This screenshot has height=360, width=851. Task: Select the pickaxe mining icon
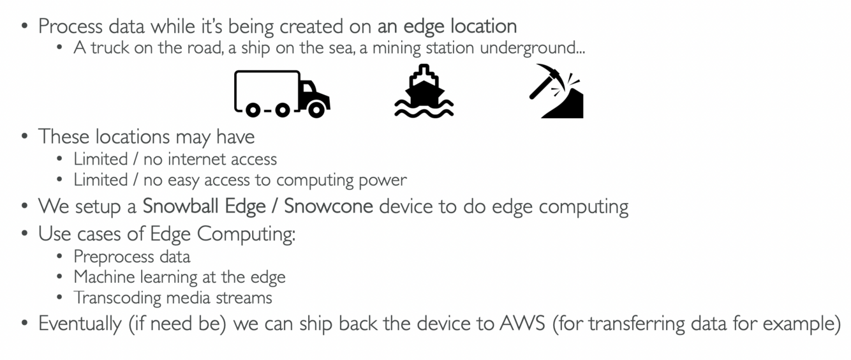[x=556, y=91]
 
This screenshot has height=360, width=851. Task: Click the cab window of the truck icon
[x=309, y=87]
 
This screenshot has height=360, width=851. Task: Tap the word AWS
[x=522, y=323]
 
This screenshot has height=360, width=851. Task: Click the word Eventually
[x=79, y=323]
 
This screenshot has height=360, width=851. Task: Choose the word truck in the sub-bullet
[x=105, y=48]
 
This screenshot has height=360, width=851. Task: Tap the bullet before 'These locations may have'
[x=24, y=137]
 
